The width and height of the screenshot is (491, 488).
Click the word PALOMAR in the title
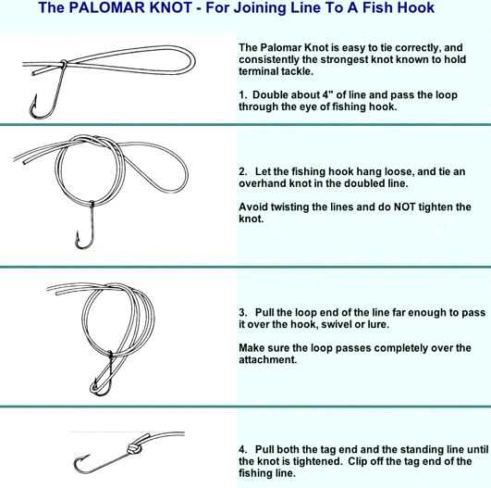point(130,7)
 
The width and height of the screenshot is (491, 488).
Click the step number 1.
point(242,94)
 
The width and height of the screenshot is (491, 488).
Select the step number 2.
point(242,171)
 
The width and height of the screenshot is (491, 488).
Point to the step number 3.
point(242,312)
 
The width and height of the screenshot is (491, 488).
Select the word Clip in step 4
point(358,461)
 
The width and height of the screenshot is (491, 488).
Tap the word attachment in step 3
point(267,359)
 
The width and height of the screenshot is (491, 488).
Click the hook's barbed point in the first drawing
point(35,95)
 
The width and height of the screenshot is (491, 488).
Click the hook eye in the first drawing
point(64,62)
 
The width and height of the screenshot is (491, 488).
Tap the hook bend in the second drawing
point(84,247)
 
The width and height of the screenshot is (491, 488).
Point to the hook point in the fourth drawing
point(89,455)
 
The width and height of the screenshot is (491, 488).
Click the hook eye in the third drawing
point(110,355)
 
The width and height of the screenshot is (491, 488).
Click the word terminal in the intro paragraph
point(259,71)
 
